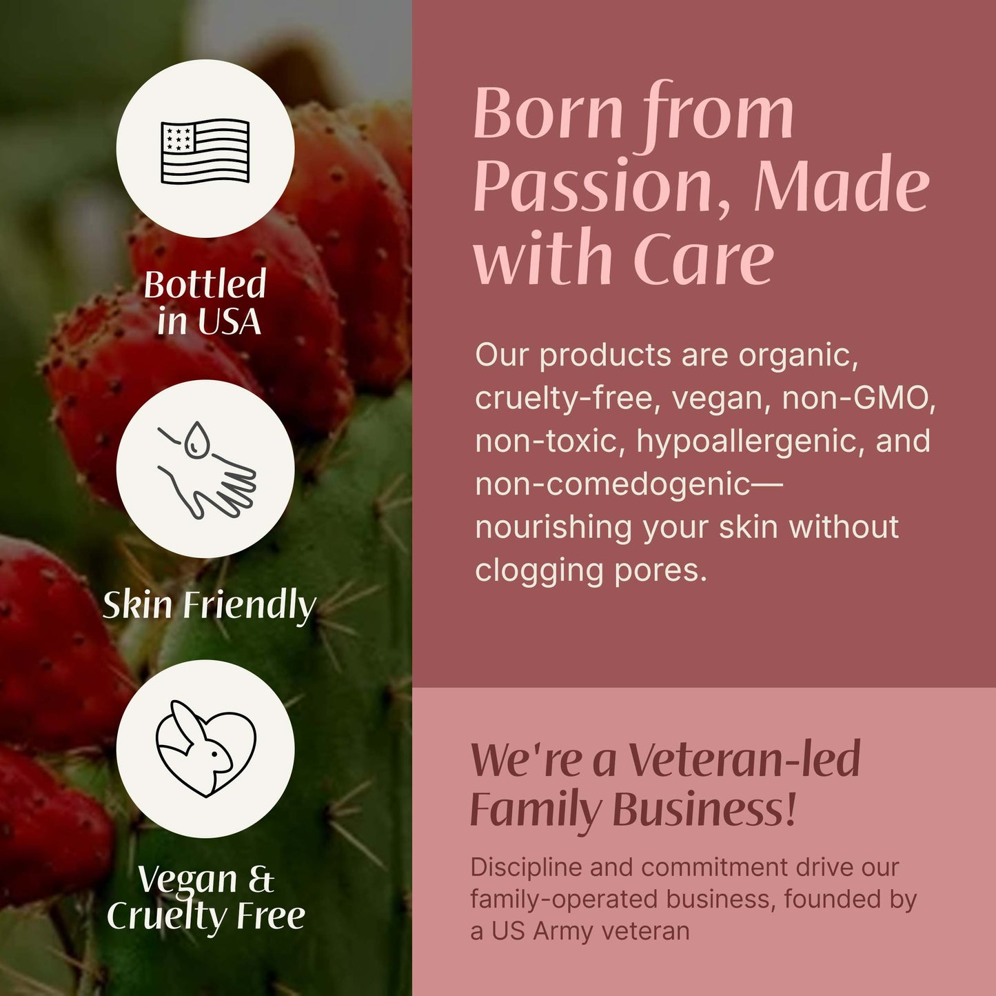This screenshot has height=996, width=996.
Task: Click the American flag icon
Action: click(205, 150)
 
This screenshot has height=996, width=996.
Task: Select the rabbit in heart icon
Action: click(205, 749)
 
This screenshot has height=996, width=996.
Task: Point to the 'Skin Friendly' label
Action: click(209, 605)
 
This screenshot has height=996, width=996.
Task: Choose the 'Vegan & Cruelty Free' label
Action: click(205, 897)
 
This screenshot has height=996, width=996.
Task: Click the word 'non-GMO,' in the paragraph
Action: click(859, 399)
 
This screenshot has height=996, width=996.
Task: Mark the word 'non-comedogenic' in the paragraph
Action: click(612, 484)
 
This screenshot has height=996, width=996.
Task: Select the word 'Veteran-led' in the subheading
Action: click(744, 759)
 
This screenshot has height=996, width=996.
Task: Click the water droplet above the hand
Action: click(198, 439)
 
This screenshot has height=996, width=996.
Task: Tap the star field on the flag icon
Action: click(177, 137)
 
